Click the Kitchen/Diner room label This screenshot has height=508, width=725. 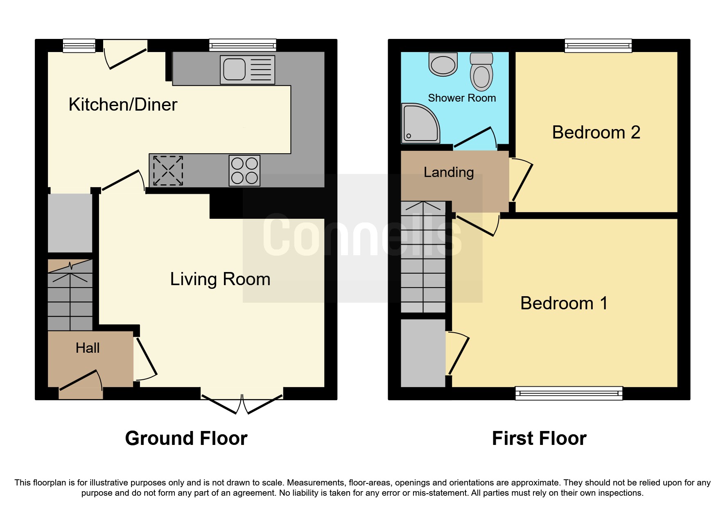123,104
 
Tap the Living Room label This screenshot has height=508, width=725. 220,279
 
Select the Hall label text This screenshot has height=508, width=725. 88,348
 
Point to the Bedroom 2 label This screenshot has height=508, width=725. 596,132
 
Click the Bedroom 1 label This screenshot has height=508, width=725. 564,304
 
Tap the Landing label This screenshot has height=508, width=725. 449,172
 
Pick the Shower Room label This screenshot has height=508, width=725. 462,98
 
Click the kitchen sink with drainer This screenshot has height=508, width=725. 247,70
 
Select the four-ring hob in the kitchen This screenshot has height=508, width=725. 244,171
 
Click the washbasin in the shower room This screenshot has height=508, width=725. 443,65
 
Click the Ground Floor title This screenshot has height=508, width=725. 186,438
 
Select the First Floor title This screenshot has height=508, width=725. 539,438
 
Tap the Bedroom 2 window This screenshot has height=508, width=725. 598,45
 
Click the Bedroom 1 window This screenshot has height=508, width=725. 569,393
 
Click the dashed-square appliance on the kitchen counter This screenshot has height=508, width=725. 168,170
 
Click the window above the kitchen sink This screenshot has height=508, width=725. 243,45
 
